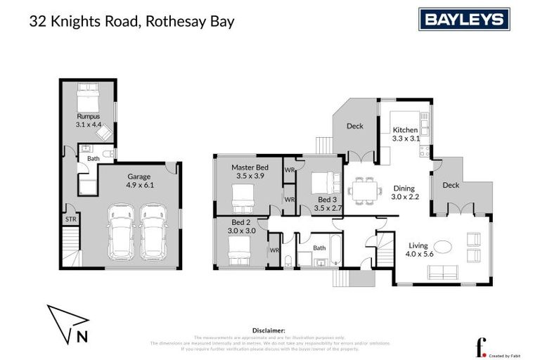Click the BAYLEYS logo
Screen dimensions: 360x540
tap(464, 19)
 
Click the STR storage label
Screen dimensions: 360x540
tap(71, 219)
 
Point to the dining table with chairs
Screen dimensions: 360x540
tap(364, 190)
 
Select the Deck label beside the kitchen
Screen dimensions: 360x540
tap(355, 126)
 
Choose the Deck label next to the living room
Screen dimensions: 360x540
tap(451, 186)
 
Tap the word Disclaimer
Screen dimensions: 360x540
tap(268, 330)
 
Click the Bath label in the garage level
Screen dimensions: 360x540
tap(94, 159)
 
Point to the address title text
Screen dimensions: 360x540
tap(131, 21)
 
